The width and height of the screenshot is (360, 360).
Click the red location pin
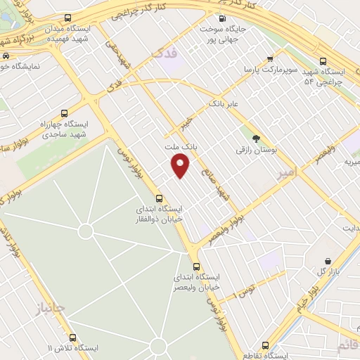coord(181,167)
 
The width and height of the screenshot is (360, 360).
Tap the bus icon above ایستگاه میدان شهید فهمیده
coord(67,18)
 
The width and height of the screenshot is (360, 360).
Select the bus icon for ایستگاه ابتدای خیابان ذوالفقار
coord(160,198)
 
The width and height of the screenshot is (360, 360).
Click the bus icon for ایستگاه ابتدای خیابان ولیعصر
coord(196,266)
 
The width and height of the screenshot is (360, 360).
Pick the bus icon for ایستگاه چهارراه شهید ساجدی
coord(65,112)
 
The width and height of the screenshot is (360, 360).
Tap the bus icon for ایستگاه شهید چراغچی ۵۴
coord(323,61)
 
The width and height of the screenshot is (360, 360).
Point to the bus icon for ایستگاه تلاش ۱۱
coord(70,337)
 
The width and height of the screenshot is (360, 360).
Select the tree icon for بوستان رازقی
coord(255,139)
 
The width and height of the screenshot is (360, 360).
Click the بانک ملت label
coord(178,148)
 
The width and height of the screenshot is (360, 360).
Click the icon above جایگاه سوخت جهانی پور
coord(222,19)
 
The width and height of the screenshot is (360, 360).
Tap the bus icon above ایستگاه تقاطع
coord(265,345)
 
